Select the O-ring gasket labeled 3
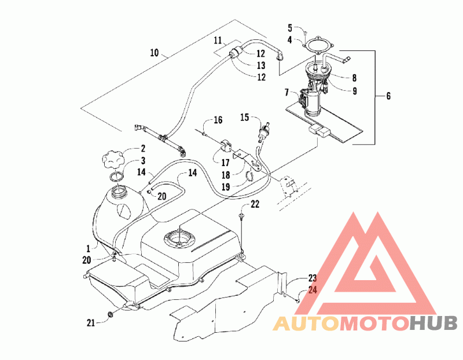pos(116,177)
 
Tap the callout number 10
pos(155,53)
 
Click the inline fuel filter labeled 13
pos(235,54)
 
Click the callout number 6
pos(388,95)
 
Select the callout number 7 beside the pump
pos(286,93)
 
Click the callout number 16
pos(218,120)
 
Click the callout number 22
pos(255,204)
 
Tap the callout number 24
pos(313,290)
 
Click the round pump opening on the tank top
pos(179,238)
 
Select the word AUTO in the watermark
pos(306,324)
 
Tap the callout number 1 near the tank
pos(88,248)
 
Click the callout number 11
pos(218,40)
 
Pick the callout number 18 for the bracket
pos(226,175)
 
